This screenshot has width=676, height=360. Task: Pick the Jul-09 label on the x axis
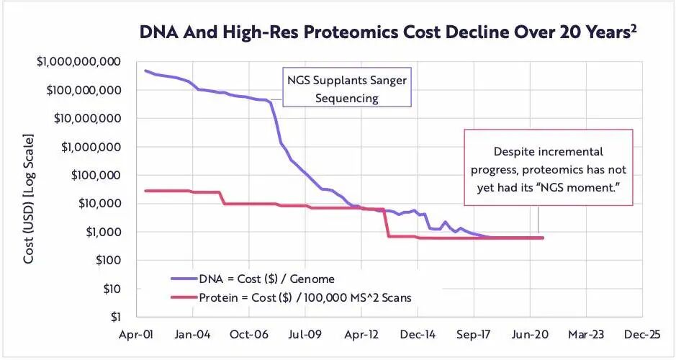tap(305, 335)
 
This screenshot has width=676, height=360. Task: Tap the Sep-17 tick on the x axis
tap(473, 335)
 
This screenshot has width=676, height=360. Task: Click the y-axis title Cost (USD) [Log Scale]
tap(29, 197)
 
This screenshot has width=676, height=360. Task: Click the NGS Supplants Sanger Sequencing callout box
tap(346, 89)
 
